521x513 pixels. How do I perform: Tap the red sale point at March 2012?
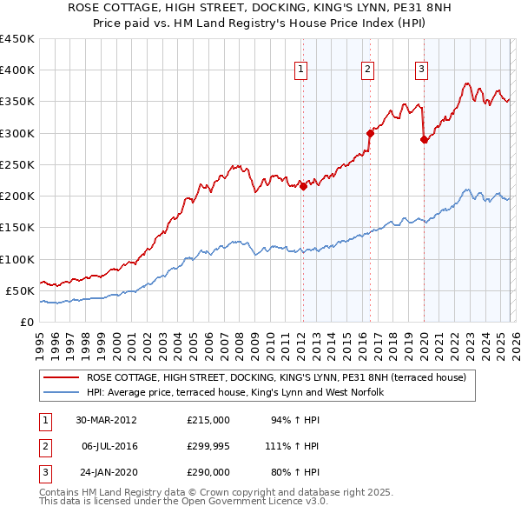(303, 185)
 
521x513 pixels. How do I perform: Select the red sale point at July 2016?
(369, 133)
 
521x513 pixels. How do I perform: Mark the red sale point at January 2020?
(424, 139)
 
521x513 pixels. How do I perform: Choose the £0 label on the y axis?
(27, 322)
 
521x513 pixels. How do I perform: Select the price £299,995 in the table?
(208, 446)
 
